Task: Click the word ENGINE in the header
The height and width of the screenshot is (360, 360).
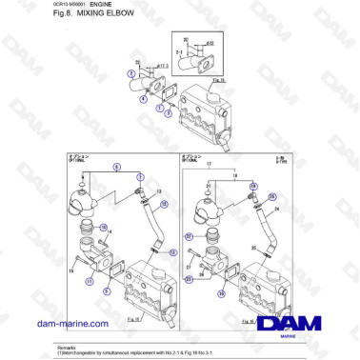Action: tap(88, 8)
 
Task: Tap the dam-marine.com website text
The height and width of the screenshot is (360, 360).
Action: tap(71, 323)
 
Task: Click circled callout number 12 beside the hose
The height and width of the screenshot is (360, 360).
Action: tap(171, 252)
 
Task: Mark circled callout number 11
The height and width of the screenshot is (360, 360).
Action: tap(90, 282)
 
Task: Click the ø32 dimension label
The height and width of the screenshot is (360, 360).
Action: tap(210, 43)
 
